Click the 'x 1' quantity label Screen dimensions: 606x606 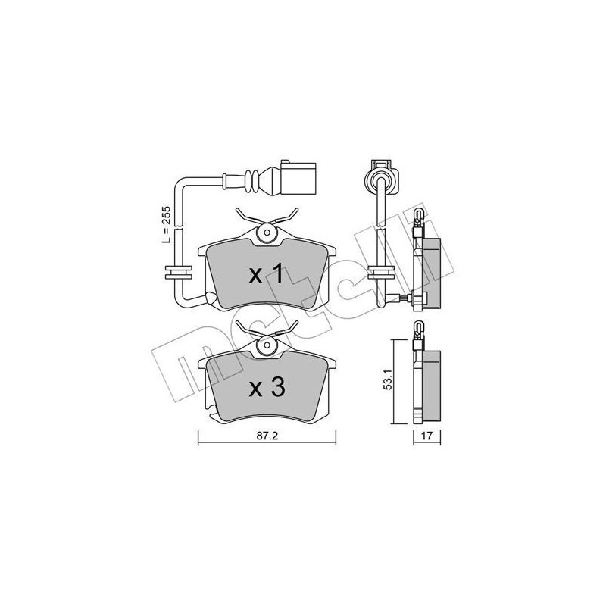pyautogui.click(x=267, y=275)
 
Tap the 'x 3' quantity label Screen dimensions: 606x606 pyautogui.click(x=267, y=388)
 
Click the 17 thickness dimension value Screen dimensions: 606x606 pyautogui.click(x=427, y=437)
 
